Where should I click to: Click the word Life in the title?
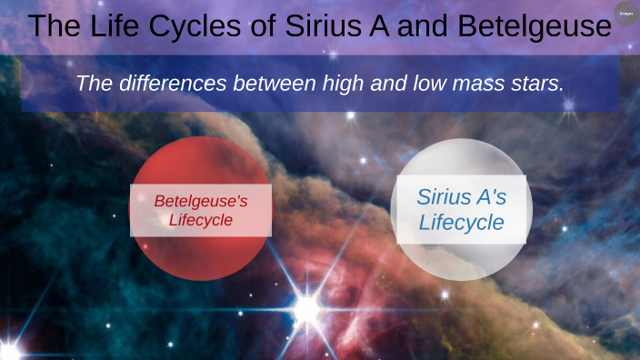pos(122,25)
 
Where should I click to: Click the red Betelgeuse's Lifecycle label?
pos(200,210)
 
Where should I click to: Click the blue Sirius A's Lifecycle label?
pos(461,209)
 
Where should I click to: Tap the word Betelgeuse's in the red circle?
pos(200,200)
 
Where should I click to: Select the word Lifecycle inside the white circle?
pos(461,222)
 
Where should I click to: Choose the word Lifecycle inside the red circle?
pos(200,220)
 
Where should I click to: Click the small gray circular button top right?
pos(625,13)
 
